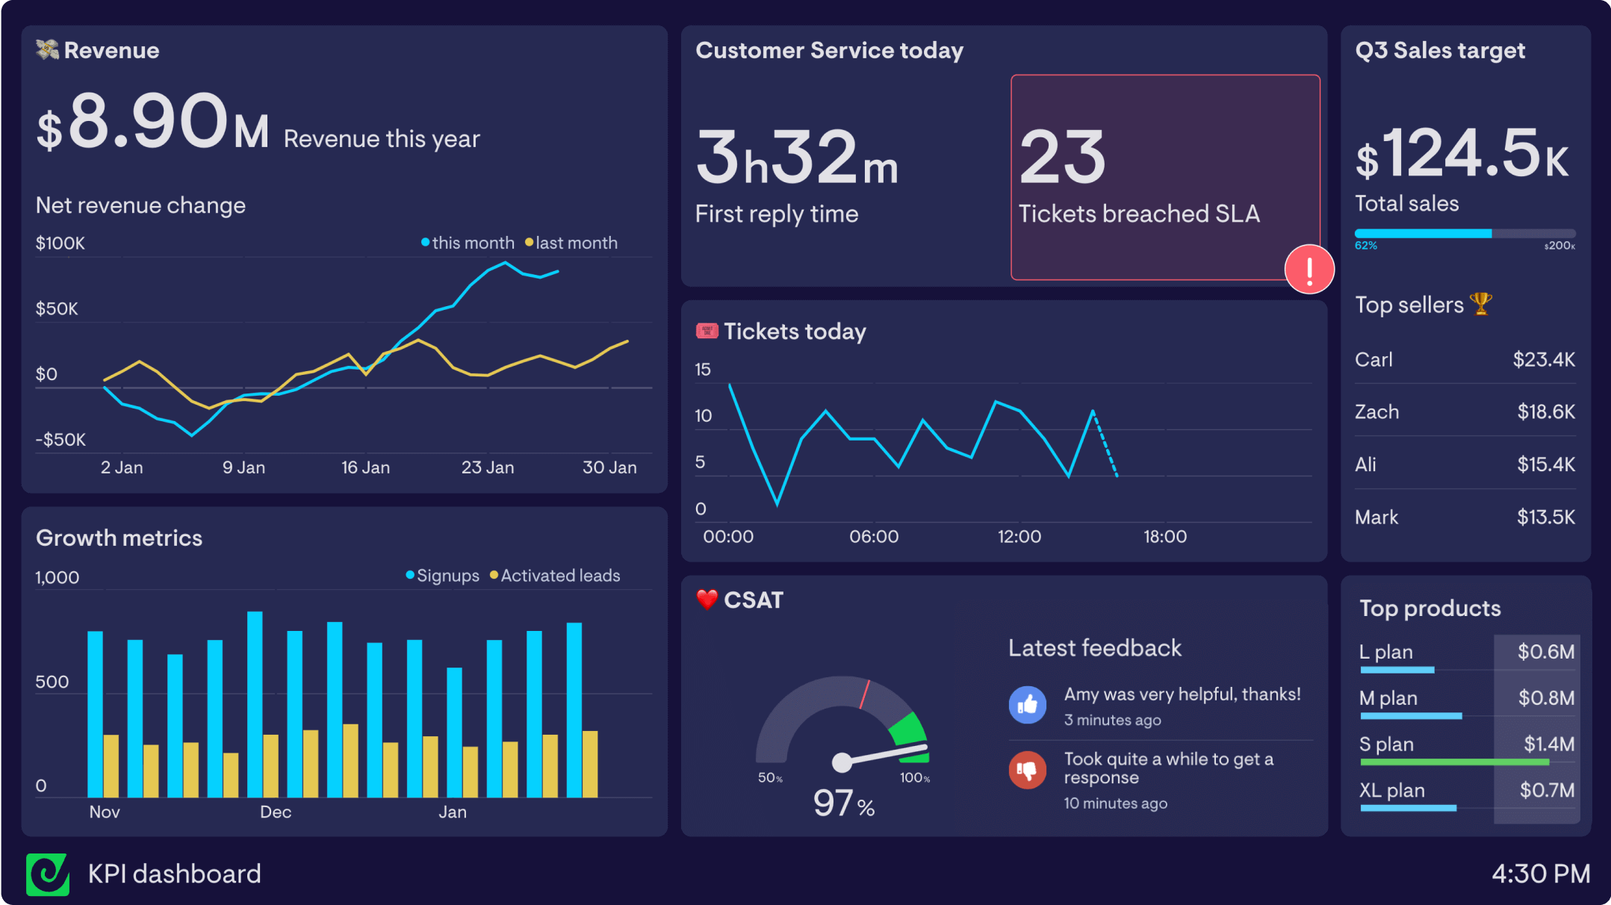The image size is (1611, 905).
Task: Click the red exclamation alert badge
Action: (1309, 270)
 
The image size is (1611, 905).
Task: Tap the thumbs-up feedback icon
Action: (1028, 705)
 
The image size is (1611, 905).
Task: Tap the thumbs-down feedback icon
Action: (1028, 770)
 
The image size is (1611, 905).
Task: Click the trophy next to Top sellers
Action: (1480, 304)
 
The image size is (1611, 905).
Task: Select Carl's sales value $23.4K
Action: (1543, 360)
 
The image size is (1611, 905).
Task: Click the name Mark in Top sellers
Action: (1376, 517)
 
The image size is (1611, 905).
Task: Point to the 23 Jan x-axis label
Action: (487, 467)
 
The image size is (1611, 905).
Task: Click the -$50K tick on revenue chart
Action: (60, 440)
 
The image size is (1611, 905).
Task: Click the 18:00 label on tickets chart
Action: (1164, 537)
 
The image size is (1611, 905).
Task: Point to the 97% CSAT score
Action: (843, 803)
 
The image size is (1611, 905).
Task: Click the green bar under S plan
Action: (1453, 762)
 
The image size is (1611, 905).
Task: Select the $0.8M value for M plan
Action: (1545, 698)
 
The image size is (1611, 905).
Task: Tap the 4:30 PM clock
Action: (1540, 874)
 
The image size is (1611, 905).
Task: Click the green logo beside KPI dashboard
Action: (48, 874)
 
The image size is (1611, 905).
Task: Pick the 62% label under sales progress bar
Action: (1365, 246)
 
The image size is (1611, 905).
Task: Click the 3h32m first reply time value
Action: (796, 158)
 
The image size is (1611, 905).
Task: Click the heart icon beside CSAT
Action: (707, 600)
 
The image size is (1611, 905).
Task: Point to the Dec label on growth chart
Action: (275, 812)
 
